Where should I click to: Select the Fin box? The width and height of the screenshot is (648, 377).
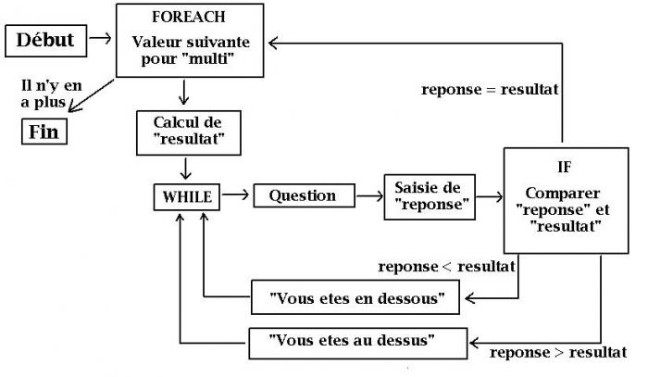pos(44,132)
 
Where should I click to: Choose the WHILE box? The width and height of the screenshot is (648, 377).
pos(188,196)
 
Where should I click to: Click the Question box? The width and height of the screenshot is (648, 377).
pos(303,196)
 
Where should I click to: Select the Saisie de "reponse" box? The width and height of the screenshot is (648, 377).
pos(428,195)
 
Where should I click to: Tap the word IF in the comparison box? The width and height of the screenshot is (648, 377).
pos(564,168)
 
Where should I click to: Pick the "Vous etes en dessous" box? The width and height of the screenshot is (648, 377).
pos(357,298)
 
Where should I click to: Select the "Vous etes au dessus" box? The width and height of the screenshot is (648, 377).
pos(357,341)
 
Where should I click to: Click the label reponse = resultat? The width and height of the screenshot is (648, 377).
pos(489,90)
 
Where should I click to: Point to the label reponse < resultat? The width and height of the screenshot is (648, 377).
pos(446,267)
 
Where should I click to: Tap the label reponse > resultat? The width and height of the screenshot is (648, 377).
pos(557,353)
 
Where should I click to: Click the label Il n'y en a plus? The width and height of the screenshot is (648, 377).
pos(46,93)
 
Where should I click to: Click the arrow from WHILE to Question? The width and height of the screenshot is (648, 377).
pos(237,196)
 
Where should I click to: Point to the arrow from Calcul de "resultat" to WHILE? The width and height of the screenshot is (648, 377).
pos(188,169)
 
